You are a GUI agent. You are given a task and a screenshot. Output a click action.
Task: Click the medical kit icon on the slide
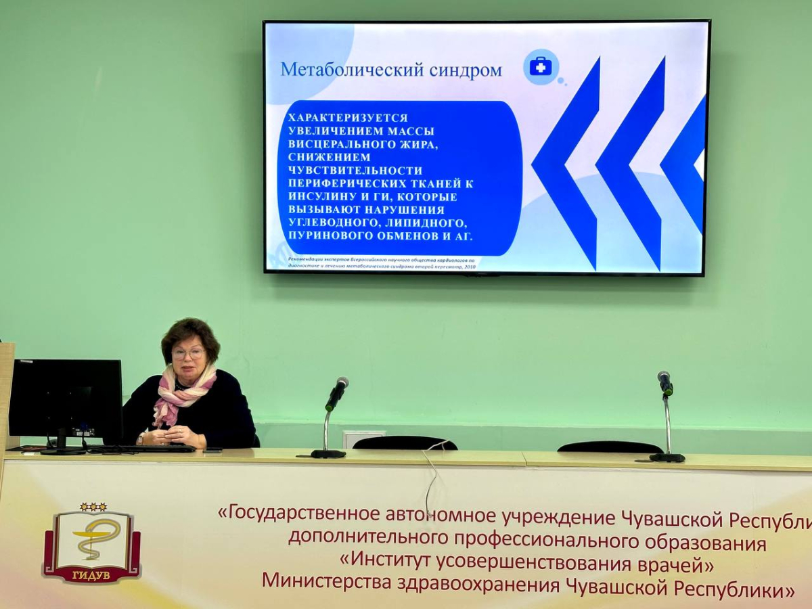541,66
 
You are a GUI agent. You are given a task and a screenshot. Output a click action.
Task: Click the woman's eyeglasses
187,353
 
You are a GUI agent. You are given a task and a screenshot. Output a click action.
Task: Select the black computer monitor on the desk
66,399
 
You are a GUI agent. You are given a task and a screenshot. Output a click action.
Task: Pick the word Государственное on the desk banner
309,516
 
